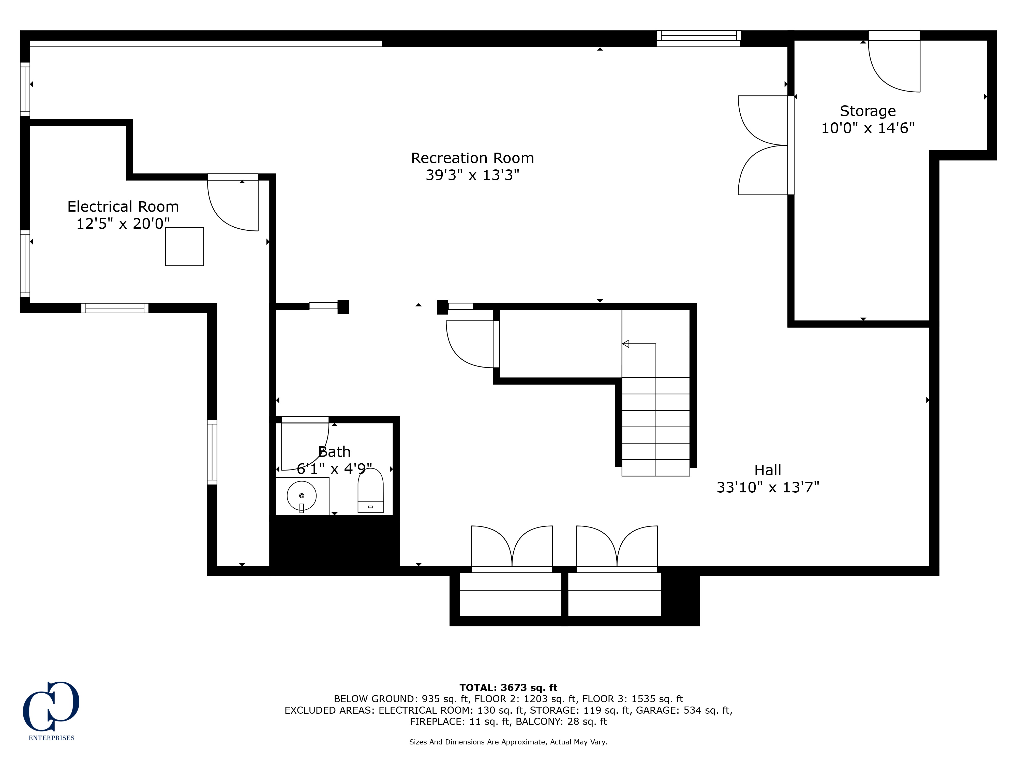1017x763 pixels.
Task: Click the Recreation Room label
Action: [472, 158]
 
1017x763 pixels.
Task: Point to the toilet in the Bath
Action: [371, 490]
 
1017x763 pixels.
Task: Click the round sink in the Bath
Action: [302, 496]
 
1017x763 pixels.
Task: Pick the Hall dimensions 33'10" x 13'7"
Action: [768, 487]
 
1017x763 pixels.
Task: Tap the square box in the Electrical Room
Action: [184, 246]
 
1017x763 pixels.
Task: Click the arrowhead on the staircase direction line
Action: [625, 344]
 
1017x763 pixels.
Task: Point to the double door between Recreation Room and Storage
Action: [763, 145]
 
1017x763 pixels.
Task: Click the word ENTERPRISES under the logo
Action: [52, 738]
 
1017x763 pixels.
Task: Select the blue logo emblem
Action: [51, 707]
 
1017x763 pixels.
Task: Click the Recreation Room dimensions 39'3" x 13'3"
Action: [472, 175]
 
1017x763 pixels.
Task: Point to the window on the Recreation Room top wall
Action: [698, 38]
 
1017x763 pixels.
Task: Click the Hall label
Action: [768, 470]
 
